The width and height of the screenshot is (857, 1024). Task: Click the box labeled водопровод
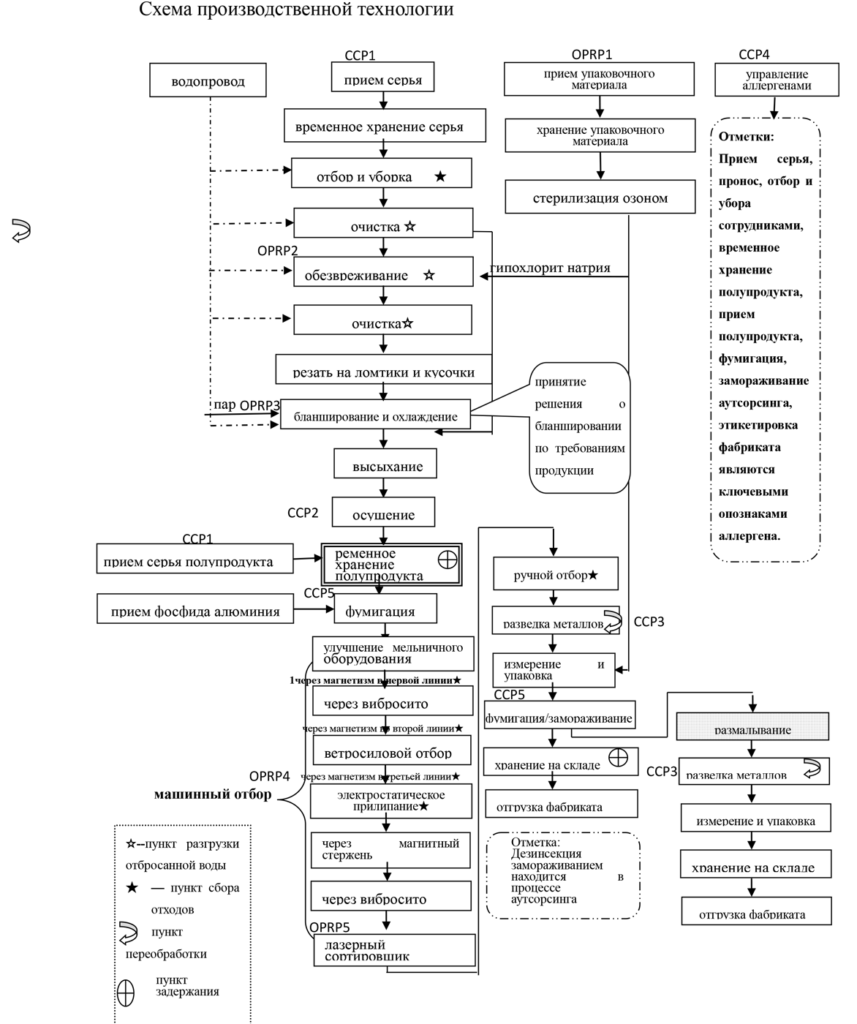coord(208,80)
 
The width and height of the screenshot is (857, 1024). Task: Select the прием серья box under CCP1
coord(383,76)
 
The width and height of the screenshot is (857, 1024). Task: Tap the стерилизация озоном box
coord(600,197)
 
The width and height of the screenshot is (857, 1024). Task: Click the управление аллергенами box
coord(776,80)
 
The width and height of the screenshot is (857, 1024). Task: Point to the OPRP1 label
coord(592,55)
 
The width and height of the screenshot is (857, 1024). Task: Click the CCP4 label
coord(754,55)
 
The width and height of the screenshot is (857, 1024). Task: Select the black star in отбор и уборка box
coord(440,176)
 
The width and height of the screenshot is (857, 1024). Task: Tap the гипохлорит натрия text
coord(551,268)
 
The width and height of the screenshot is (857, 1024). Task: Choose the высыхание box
coord(387,465)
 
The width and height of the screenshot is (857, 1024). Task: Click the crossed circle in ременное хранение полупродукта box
coord(447,560)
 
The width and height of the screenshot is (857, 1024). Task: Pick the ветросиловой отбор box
coord(393,750)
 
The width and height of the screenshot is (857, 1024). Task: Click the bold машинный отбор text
coord(213,794)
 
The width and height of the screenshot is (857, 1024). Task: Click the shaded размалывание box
coord(752,727)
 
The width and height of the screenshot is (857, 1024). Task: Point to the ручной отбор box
coord(555,574)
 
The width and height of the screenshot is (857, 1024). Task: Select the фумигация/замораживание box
coord(559,716)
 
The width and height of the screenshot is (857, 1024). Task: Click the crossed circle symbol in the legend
coord(126,993)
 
